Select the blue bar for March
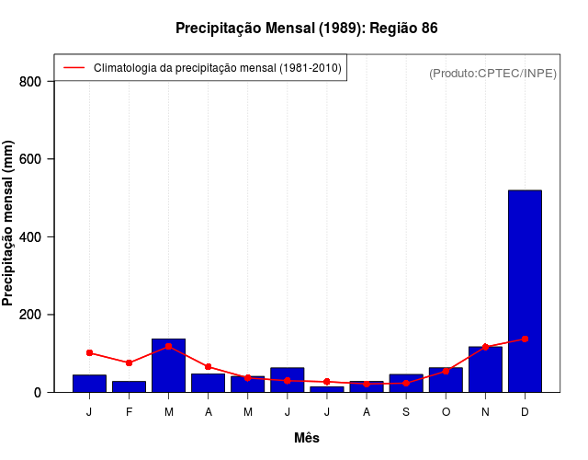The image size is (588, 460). click(169, 365)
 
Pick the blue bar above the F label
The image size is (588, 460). click(129, 386)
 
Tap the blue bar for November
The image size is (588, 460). click(485, 369)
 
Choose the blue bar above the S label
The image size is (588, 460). click(406, 383)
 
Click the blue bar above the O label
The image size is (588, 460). click(446, 380)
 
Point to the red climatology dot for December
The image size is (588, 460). click(525, 339)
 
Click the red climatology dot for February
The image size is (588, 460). click(129, 362)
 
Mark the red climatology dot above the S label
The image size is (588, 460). click(406, 383)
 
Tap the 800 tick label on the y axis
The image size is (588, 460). click(30, 82)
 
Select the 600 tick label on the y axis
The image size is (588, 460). click(30, 159)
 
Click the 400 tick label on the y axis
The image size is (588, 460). click(30, 237)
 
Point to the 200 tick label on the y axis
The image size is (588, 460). click(30, 315)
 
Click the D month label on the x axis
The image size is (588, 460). click(525, 412)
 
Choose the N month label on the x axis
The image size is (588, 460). click(485, 412)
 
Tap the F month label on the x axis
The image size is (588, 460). click(129, 412)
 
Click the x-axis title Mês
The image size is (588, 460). click(307, 438)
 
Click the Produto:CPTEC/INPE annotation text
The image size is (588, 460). click(492, 73)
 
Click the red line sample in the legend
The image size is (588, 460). click(73, 68)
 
